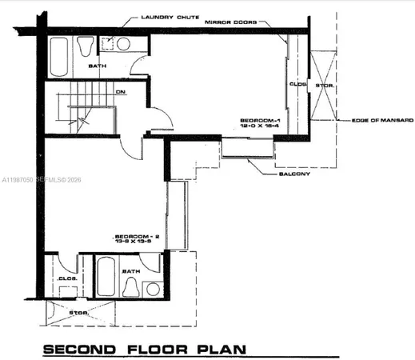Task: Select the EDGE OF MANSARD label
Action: [x=382, y=120]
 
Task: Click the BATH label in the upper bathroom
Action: [x=98, y=66]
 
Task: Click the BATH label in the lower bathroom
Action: [x=130, y=271]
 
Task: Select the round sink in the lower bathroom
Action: [x=151, y=288]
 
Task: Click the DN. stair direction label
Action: [x=121, y=93]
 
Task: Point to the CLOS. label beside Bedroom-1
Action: [x=297, y=82]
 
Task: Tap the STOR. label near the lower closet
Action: [x=78, y=313]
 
